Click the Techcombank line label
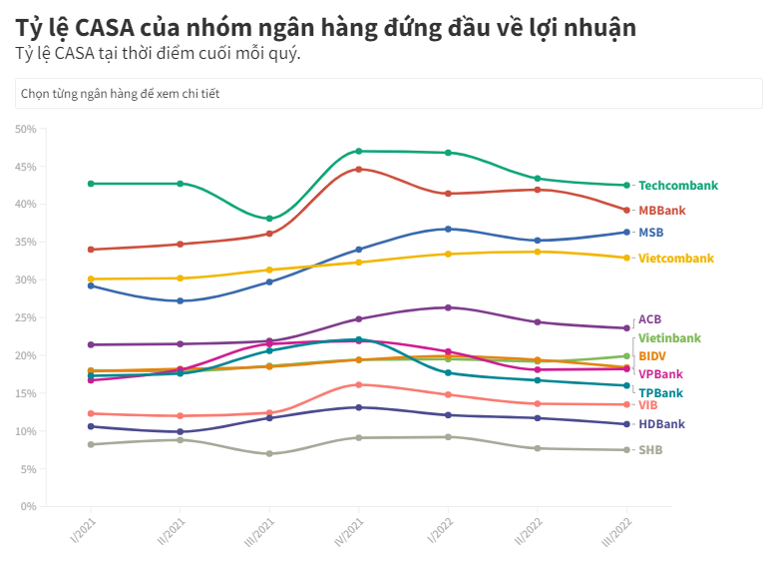tap(677, 186)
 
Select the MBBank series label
tap(662, 211)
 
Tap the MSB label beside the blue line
tap(650, 233)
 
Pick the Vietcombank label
tap(675, 259)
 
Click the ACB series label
tap(649, 319)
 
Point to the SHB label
tap(649, 450)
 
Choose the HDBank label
tap(661, 424)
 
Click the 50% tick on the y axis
tap(26, 129)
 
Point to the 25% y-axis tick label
tap(26, 317)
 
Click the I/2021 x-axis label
tap(89, 527)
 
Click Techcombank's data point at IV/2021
tap(358, 151)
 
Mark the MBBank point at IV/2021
tap(358, 169)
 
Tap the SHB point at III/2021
tap(269, 454)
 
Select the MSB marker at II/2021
tap(180, 300)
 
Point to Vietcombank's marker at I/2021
tap(91, 279)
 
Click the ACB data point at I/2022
tap(448, 307)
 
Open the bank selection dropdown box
tap(389, 94)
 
